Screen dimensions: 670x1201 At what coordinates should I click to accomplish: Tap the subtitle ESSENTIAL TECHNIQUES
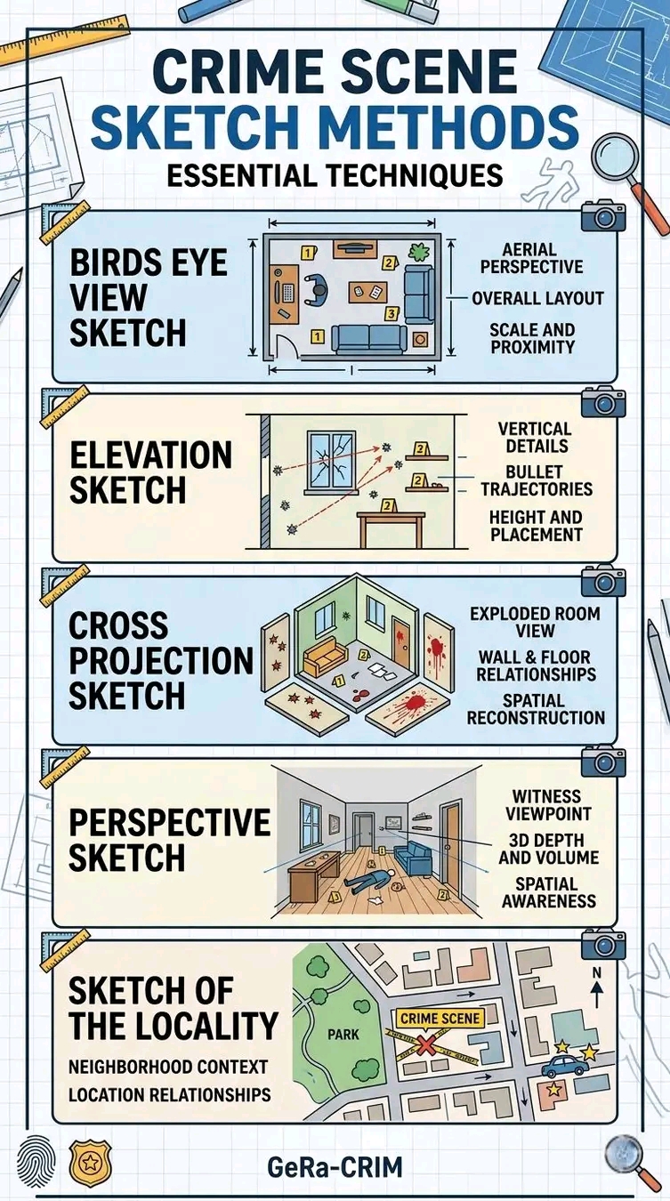point(335,174)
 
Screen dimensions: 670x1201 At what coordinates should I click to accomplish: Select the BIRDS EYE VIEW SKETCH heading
point(149,297)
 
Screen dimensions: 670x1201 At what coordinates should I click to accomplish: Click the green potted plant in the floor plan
point(419,252)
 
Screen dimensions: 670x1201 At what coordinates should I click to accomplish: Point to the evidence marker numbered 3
point(392,313)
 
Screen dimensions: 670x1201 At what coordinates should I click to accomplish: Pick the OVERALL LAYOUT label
point(538,298)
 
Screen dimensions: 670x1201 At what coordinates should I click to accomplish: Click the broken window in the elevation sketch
point(330,461)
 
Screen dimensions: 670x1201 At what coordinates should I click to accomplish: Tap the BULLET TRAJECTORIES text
point(537,480)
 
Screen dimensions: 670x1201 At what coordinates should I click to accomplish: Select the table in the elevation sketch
point(392,528)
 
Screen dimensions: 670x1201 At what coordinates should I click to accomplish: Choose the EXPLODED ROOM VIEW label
point(536,622)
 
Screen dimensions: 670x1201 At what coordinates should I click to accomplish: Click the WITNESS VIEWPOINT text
point(548,805)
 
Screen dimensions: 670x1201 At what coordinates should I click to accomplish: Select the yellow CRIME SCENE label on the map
point(440,1018)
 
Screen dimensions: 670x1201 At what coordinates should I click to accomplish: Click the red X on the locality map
point(426,1045)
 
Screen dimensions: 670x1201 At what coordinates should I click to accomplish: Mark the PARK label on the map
point(343,1034)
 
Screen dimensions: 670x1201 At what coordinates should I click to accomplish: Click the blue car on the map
point(564,1066)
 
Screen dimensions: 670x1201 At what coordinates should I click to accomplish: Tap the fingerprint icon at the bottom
point(36,1163)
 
